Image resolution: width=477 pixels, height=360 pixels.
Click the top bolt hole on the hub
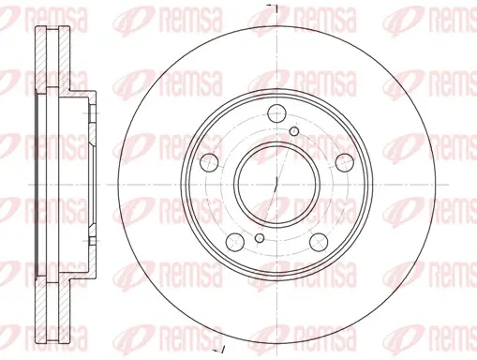pyautogui.click(x=277, y=113)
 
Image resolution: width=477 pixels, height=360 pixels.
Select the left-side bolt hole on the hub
pyautogui.click(x=209, y=162)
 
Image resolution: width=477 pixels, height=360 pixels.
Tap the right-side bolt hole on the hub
pyautogui.click(x=345, y=162)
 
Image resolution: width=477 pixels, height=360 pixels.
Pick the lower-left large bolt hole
pyautogui.click(x=235, y=242)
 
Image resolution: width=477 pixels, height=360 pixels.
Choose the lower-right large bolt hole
pyautogui.click(x=319, y=242)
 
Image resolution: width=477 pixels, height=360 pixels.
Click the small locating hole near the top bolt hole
pyautogui.click(x=294, y=131)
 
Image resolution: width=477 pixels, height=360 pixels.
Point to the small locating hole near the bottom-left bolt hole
pyautogui.click(x=260, y=238)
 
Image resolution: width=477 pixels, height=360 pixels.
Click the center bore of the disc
pyautogui.click(x=276, y=185)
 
